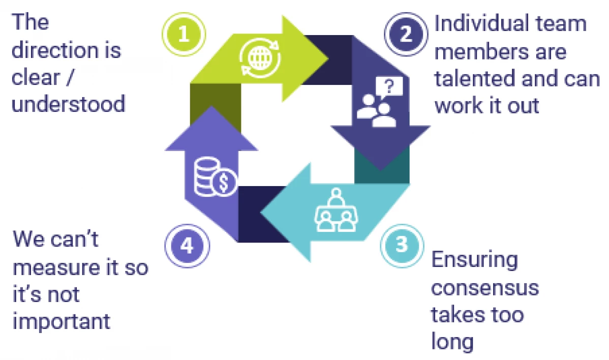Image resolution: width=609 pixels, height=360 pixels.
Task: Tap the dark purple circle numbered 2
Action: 406,34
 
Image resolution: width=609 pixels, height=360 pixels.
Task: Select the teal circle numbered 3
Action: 402,245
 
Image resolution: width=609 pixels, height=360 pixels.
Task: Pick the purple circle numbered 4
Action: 187,246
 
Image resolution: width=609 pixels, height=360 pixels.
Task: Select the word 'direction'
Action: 66,50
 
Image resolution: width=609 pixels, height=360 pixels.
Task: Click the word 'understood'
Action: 68,104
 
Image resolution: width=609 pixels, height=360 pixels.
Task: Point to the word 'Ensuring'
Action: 474,260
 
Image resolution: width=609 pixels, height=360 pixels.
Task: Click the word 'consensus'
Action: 484,288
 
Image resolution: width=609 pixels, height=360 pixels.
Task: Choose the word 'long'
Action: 452,342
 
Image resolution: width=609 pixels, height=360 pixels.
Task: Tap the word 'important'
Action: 61,321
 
